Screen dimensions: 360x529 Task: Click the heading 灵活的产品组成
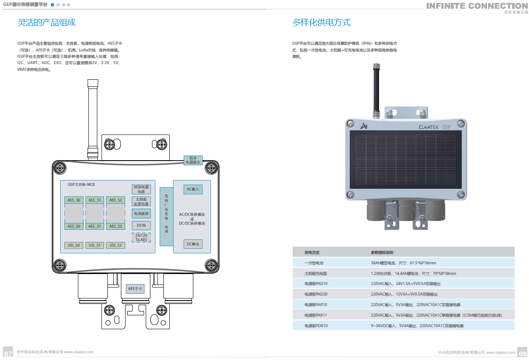(x=46, y=22)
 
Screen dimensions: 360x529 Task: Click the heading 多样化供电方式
(x=321, y=22)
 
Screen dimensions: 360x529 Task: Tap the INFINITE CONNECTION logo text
(x=476, y=6)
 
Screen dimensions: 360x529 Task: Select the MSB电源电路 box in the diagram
(x=141, y=189)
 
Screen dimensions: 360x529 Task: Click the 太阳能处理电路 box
(x=141, y=201)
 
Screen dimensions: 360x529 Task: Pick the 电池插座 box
(x=141, y=214)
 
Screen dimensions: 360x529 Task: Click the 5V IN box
(x=141, y=226)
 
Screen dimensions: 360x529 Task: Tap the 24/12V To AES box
(x=141, y=237)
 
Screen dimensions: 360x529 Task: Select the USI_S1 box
(x=94, y=245)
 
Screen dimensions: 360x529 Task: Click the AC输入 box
(x=193, y=189)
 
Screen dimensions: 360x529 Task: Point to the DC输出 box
(x=193, y=244)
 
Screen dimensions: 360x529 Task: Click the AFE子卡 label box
(x=135, y=289)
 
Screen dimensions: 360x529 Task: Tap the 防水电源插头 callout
(x=193, y=160)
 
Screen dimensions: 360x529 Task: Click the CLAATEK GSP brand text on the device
(x=434, y=126)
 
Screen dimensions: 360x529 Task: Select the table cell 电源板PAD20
(x=316, y=294)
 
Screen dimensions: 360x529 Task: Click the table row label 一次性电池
(x=314, y=263)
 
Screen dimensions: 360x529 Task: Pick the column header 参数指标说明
(x=382, y=253)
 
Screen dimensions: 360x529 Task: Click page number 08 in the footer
(x=523, y=353)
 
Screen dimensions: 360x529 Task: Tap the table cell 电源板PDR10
(x=316, y=326)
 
